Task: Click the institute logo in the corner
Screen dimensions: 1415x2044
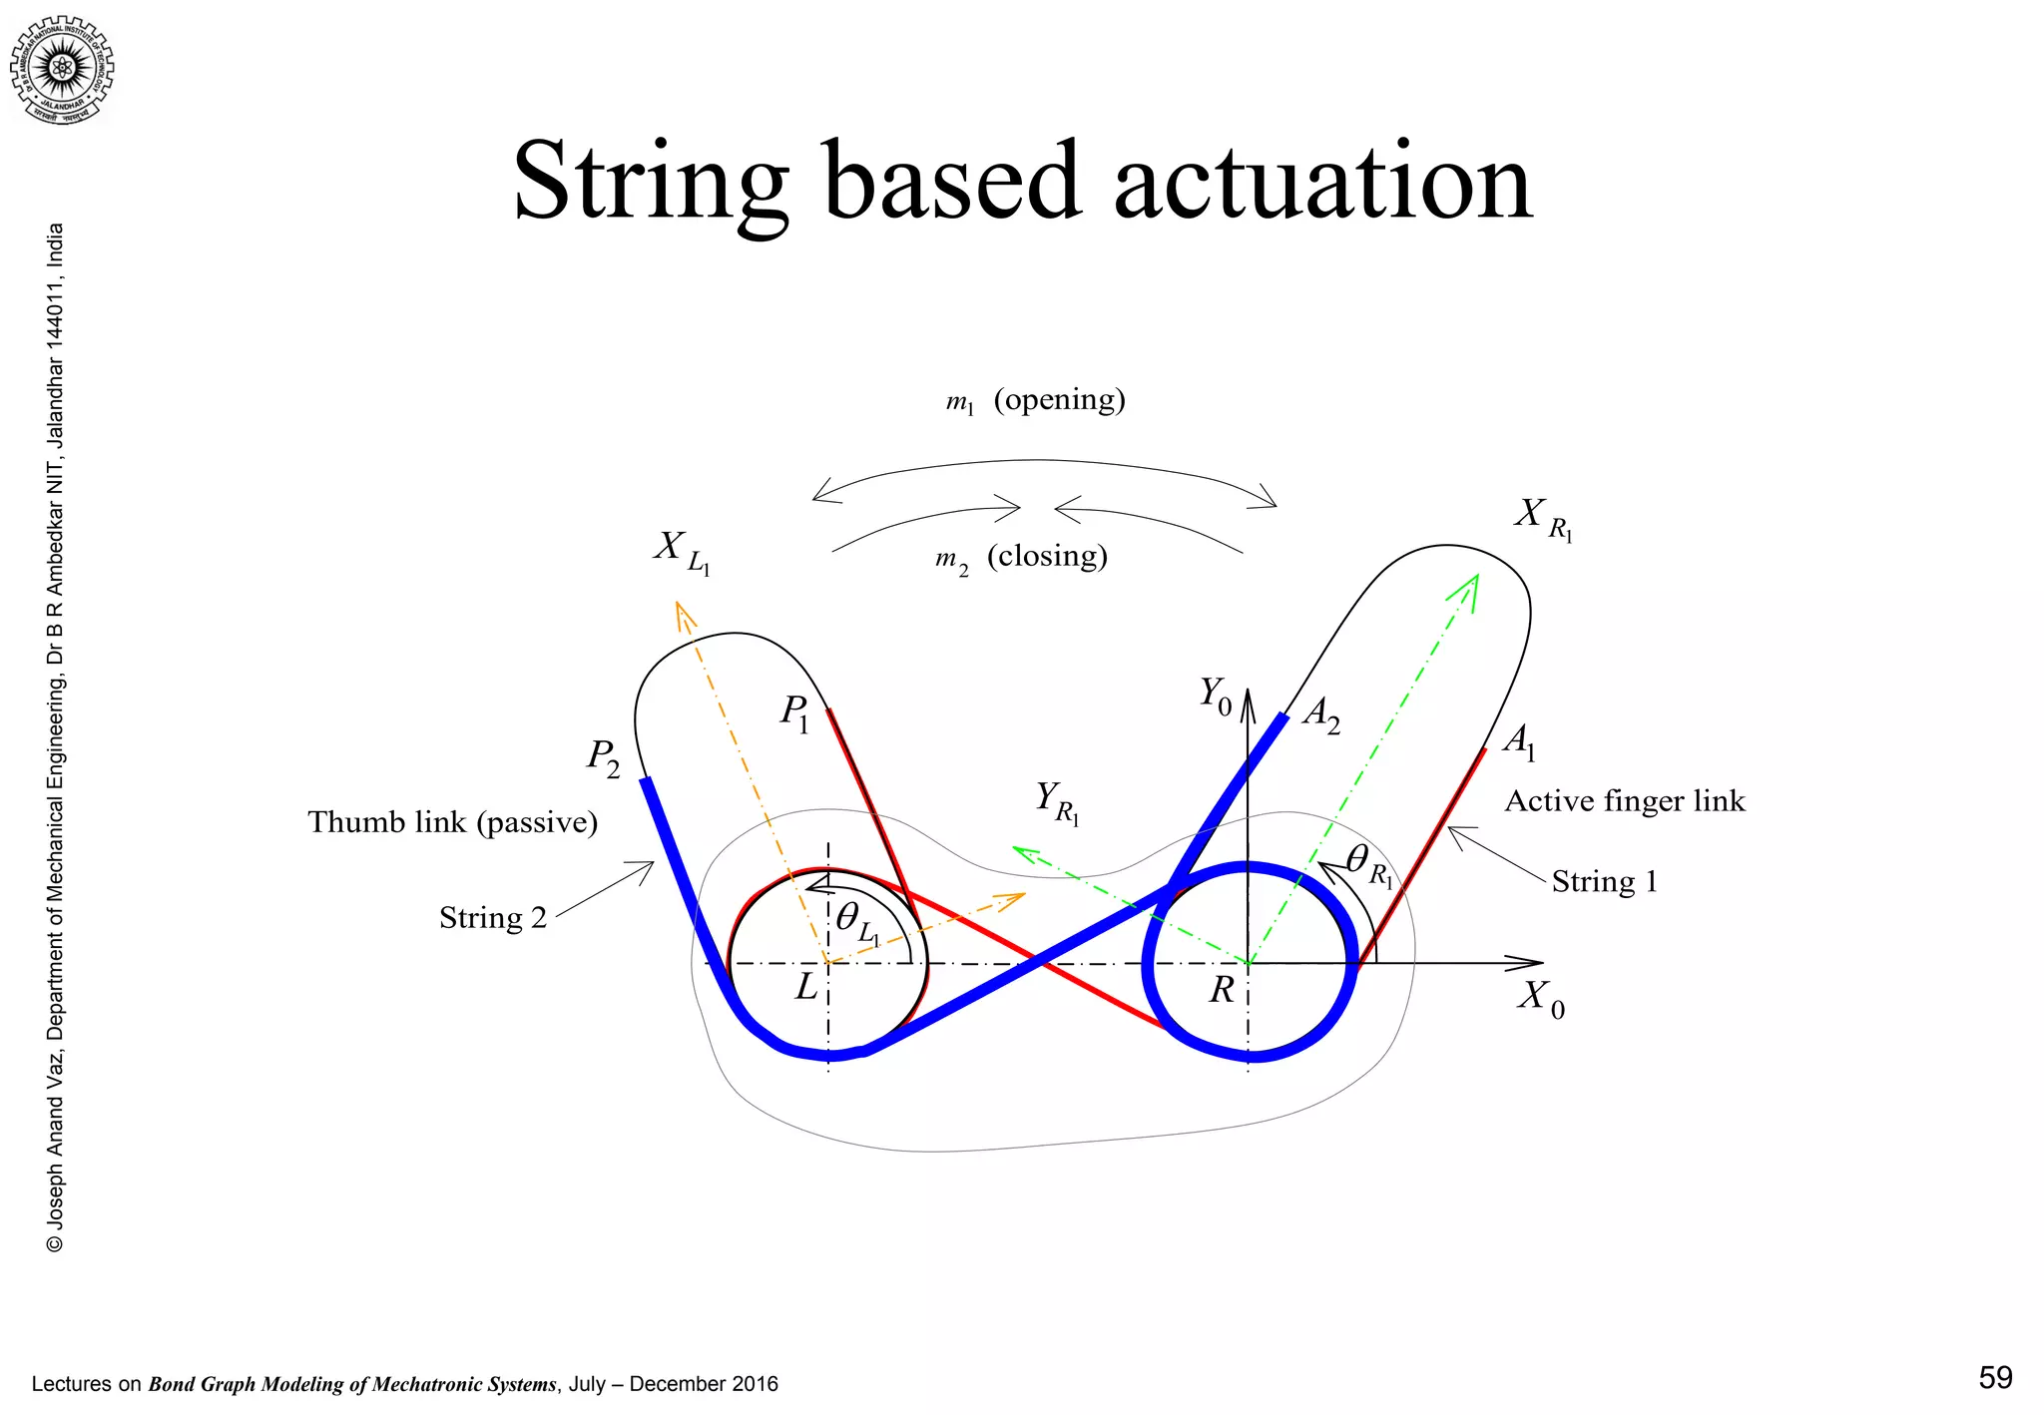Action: [63, 69]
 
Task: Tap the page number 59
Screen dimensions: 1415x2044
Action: [1994, 1377]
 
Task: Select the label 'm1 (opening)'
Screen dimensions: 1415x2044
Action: [1035, 400]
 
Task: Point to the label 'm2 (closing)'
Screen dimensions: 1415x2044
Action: [1021, 557]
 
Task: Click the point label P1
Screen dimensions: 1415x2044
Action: [795, 714]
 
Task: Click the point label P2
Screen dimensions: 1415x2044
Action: [603, 758]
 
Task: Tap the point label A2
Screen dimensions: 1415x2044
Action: [1321, 714]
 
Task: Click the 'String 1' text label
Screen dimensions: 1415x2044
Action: [1604, 881]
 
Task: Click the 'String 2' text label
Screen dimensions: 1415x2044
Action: [493, 917]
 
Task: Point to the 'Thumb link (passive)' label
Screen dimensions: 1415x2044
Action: [452, 822]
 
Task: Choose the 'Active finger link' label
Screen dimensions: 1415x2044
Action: [1624, 801]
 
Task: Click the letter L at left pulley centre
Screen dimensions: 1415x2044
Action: [805, 988]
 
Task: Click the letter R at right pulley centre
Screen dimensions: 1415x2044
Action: [1222, 990]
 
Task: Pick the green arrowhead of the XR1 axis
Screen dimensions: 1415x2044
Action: [1469, 587]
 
